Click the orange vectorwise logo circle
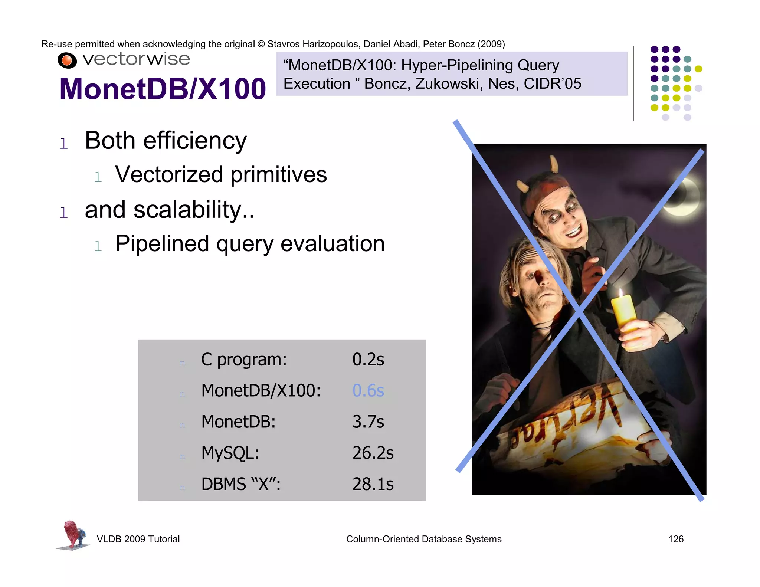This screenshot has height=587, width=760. pos(67,60)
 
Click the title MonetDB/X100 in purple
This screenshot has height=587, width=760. pos(163,89)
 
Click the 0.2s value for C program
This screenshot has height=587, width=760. pos(368,359)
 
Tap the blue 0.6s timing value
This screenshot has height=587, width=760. pos(368,390)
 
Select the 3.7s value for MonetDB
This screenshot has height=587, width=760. pos(368,422)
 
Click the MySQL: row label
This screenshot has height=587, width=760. pos(230,453)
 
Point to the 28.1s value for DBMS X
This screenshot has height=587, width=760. pos(373,484)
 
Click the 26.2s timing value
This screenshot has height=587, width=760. pos(373,453)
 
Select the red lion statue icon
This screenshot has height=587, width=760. pos(73,534)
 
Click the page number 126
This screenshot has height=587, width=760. pos(675,539)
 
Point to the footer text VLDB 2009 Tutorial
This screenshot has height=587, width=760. pos(138,539)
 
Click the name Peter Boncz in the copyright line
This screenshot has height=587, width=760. pos(449,44)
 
